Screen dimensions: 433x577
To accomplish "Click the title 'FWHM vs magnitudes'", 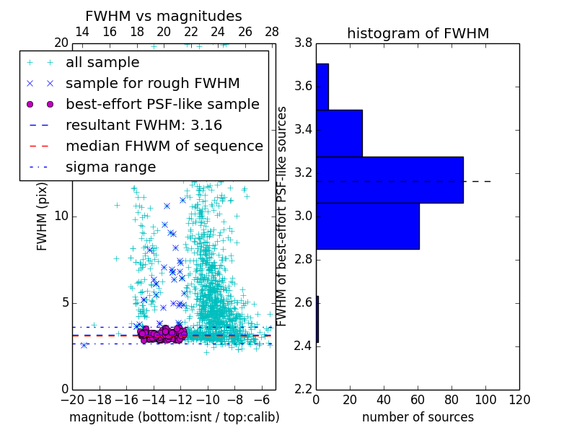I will pos(164,16).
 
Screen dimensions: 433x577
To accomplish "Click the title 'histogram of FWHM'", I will pos(418,33).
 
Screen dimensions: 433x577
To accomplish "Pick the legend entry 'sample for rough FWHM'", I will pos(152,84).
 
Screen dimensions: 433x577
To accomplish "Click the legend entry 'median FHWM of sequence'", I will pos(164,146).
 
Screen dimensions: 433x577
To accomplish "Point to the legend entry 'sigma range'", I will pos(110,167).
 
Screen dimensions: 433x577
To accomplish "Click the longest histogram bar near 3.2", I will pos(389,180).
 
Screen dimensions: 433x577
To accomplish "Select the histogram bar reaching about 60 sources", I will pos(367,226).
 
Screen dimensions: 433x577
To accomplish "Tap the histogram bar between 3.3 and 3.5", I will pos(339,133).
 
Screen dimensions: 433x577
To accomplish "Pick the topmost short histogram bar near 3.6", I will pos(322,87).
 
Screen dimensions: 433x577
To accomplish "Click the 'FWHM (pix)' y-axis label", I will pos(43,216).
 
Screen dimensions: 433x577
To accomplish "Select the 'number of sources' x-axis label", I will pos(418,417).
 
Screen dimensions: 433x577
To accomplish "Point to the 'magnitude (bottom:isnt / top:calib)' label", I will pos(174,417).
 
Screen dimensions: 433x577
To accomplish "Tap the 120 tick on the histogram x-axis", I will pos(519,400).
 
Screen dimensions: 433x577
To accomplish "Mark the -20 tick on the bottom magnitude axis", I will pos(72,400).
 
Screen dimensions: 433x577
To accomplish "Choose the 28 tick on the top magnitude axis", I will pos(272,32).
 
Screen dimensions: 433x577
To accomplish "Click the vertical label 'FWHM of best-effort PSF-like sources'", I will pos(283,216).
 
